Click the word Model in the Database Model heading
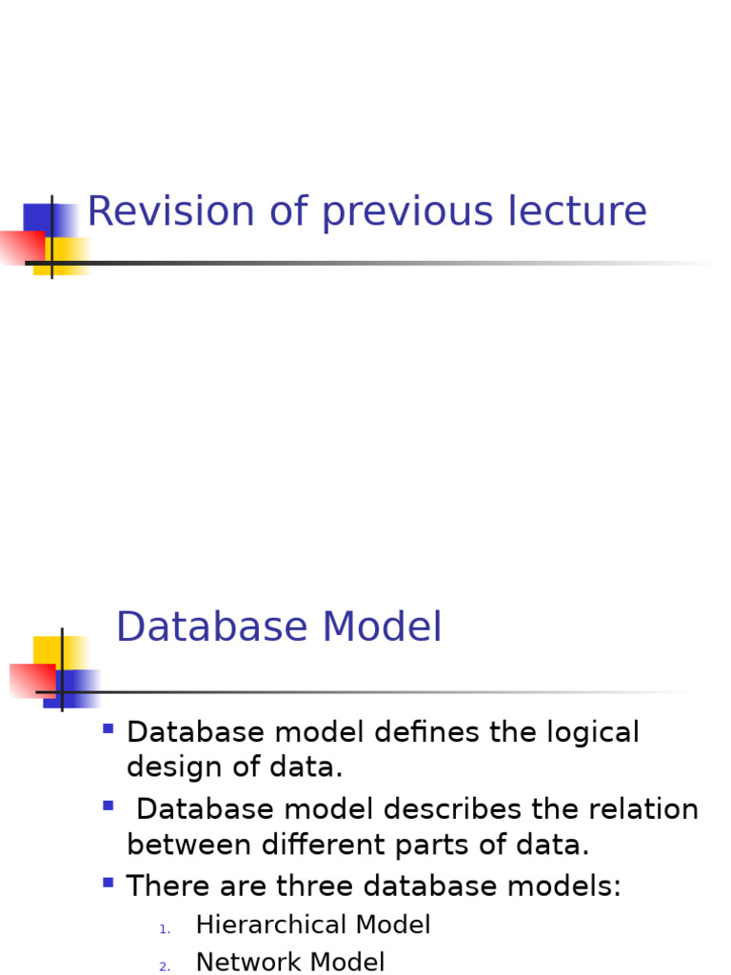382,628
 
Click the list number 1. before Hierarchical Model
165,929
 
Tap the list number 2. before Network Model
165,967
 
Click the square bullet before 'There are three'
108,883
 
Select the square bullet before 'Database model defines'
108,729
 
